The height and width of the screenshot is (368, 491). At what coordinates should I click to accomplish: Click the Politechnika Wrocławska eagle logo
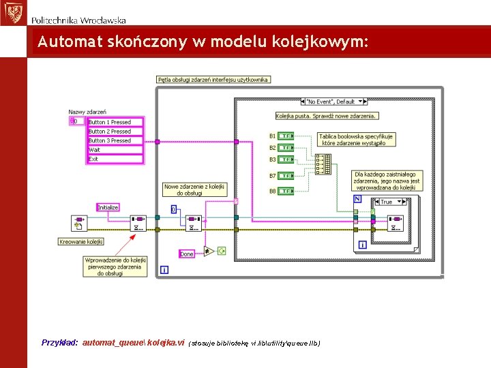(x=12, y=13)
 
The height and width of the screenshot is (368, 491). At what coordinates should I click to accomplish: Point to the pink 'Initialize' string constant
(x=108, y=207)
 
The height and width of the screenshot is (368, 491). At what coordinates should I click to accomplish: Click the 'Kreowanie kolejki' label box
(x=81, y=241)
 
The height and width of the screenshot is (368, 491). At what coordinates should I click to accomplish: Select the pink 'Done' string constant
(x=187, y=254)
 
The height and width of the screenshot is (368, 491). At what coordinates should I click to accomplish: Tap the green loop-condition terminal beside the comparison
(x=222, y=251)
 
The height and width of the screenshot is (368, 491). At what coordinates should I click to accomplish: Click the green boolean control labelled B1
(x=286, y=136)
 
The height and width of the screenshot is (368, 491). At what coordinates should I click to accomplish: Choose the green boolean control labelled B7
(x=286, y=176)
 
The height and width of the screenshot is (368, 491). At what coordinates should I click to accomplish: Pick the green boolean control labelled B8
(x=286, y=191)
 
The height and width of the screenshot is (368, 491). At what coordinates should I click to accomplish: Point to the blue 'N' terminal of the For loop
(x=358, y=199)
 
